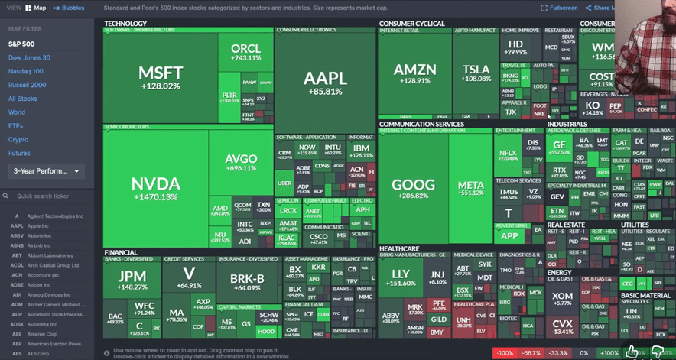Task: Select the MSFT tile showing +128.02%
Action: click(160, 77)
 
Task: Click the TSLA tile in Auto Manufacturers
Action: click(476, 73)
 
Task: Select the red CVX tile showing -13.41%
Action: click(563, 326)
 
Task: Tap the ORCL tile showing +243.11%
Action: click(245, 52)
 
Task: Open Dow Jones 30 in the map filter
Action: click(29, 57)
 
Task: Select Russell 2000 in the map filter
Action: click(28, 85)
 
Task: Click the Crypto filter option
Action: click(18, 140)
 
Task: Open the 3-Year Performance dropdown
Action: click(46, 171)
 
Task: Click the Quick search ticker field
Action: click(50, 196)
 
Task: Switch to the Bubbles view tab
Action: click(70, 8)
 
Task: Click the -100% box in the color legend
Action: click(502, 353)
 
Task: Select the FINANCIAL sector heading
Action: click(122, 251)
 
